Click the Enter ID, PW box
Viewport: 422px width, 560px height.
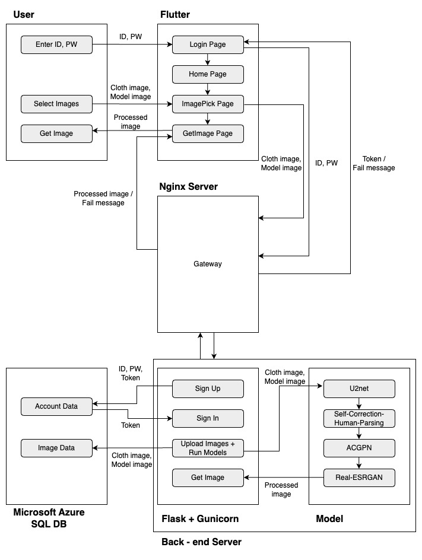click(56, 44)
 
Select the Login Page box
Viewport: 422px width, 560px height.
click(208, 44)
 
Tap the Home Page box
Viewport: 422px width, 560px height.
click(208, 74)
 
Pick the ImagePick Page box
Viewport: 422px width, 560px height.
click(208, 104)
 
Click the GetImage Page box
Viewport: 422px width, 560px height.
click(208, 133)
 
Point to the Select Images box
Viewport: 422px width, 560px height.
click(56, 104)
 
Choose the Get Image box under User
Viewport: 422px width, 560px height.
click(56, 133)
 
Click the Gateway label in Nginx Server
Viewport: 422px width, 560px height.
click(208, 263)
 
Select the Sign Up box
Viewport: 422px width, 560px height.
click(208, 389)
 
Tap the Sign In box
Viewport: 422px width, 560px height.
click(208, 418)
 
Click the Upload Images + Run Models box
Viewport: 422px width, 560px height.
click(208, 448)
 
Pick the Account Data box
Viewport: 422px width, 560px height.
click(56, 406)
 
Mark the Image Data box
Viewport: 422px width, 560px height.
click(56, 448)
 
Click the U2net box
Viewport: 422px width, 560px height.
click(359, 389)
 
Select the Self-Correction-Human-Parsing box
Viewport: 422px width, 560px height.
click(359, 418)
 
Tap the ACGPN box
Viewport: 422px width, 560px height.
click(359, 448)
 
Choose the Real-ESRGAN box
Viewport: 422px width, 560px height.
click(359, 478)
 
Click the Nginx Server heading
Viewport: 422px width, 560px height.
click(188, 187)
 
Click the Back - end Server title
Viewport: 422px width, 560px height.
click(201, 542)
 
